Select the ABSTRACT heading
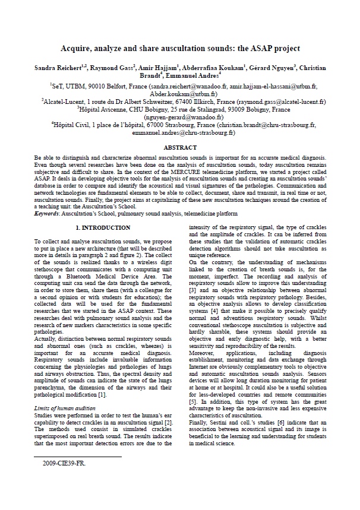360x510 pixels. click(x=180, y=147)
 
